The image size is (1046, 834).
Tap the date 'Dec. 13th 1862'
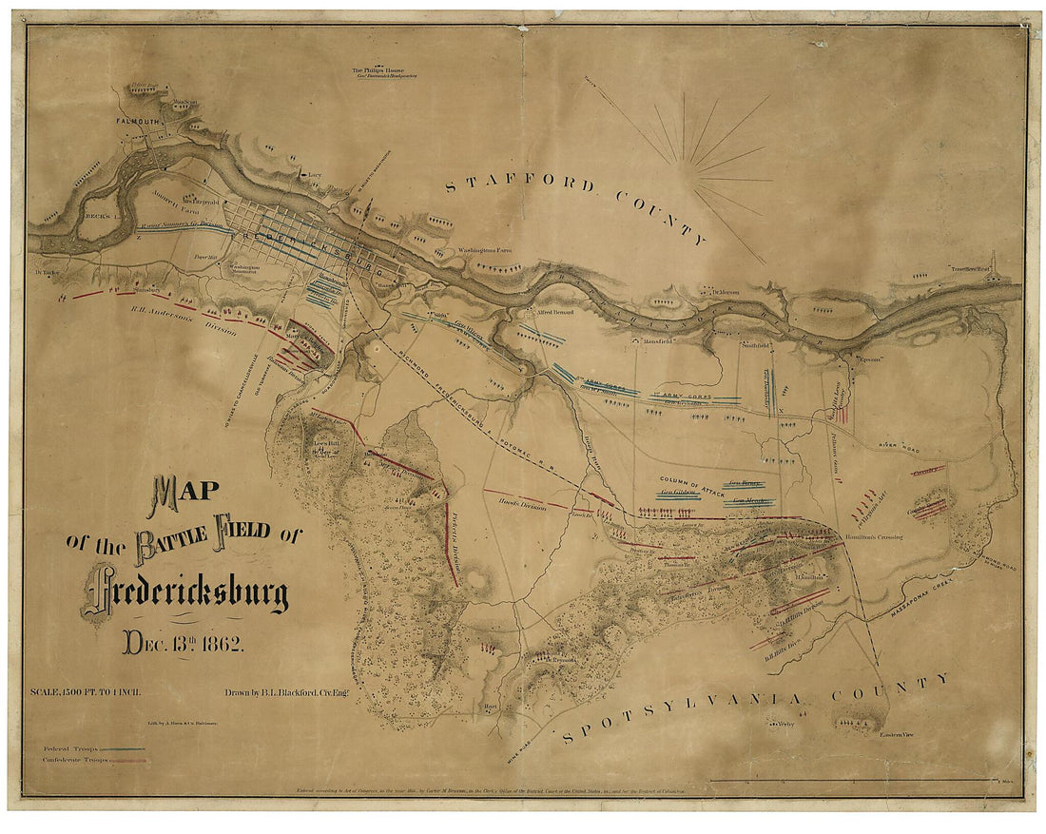tap(184, 642)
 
